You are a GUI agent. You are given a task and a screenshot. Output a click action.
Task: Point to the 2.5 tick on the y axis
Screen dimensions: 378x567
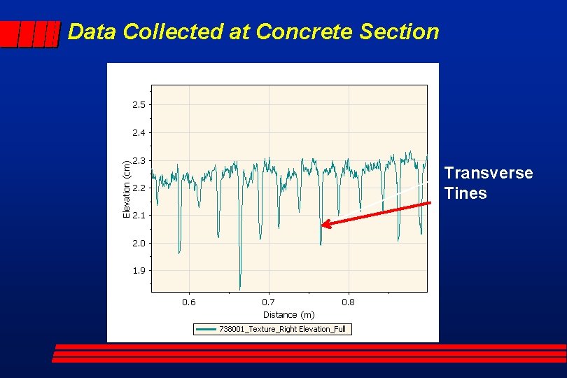[139, 104]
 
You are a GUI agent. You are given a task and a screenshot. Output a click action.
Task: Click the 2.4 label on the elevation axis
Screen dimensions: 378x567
[139, 132]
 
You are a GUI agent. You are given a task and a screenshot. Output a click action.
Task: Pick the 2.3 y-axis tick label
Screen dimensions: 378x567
[139, 160]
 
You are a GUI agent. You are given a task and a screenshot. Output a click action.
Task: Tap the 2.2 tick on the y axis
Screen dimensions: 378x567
[139, 188]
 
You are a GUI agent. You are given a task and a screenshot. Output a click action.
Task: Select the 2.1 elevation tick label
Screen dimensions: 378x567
[139, 216]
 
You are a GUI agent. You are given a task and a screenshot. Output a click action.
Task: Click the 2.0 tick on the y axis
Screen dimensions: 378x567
[139, 243]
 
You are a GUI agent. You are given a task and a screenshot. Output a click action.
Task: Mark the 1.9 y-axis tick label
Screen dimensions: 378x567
[139, 270]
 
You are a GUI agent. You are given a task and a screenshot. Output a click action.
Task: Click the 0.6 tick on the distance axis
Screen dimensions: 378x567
[189, 302]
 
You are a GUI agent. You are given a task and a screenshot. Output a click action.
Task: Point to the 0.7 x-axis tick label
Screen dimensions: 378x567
[268, 302]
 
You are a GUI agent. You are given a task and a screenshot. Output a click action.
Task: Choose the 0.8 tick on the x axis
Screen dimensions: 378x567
[348, 302]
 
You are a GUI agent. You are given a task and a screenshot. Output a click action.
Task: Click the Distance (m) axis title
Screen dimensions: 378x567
[288, 315]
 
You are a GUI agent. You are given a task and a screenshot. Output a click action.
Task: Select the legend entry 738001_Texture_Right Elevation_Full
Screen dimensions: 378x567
[282, 329]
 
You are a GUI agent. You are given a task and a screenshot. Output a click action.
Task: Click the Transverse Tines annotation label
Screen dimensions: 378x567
[488, 183]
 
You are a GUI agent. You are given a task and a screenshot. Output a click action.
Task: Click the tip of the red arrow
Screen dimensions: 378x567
[322, 225]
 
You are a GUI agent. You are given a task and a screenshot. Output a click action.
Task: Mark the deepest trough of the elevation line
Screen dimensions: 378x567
[240, 289]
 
